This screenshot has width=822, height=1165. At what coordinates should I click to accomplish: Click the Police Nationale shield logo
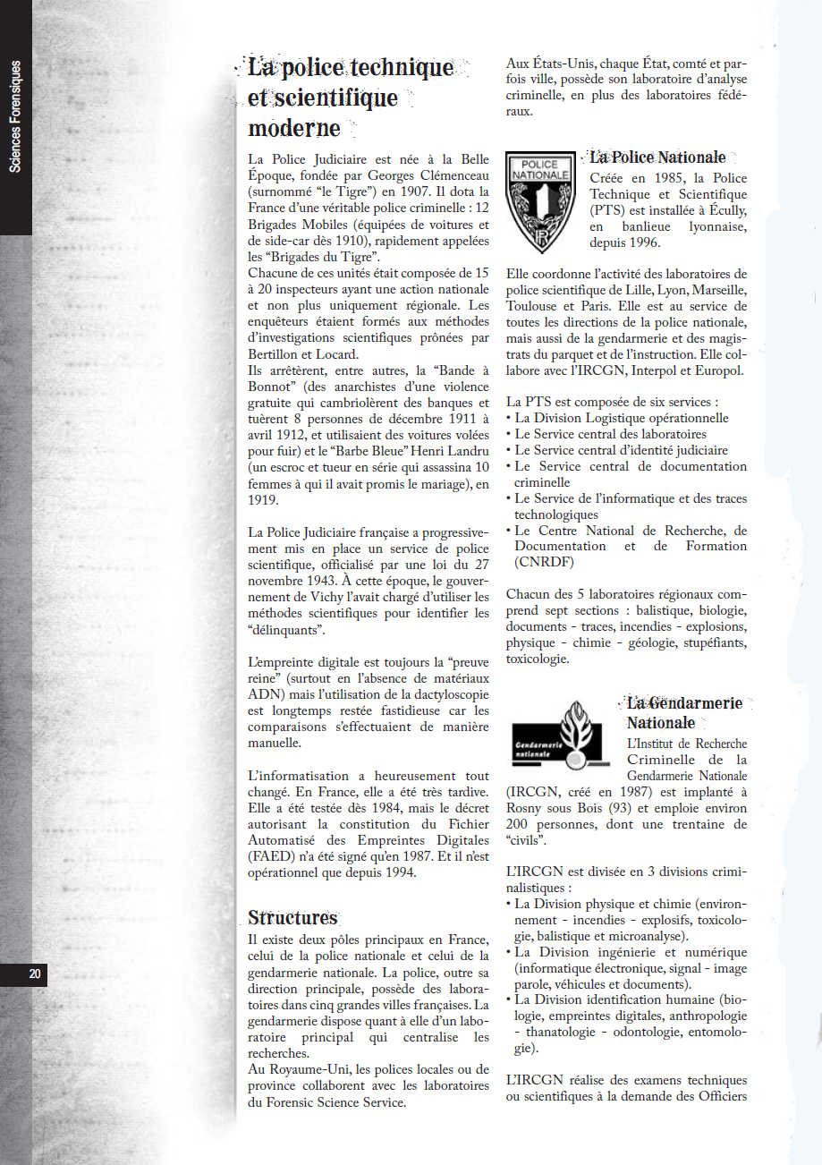[540, 201]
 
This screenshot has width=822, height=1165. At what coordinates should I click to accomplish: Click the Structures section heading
[292, 918]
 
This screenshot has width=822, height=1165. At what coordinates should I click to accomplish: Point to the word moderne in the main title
[294, 128]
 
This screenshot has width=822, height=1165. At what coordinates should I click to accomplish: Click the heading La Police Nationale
[657, 157]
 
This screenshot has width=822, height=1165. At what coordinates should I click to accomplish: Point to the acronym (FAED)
[272, 857]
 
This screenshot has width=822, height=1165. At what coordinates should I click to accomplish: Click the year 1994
[397, 873]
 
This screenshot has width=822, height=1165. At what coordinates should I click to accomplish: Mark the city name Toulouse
[534, 306]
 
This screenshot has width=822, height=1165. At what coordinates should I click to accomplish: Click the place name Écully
[723, 210]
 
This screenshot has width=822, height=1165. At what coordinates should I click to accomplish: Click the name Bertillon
[273, 354]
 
